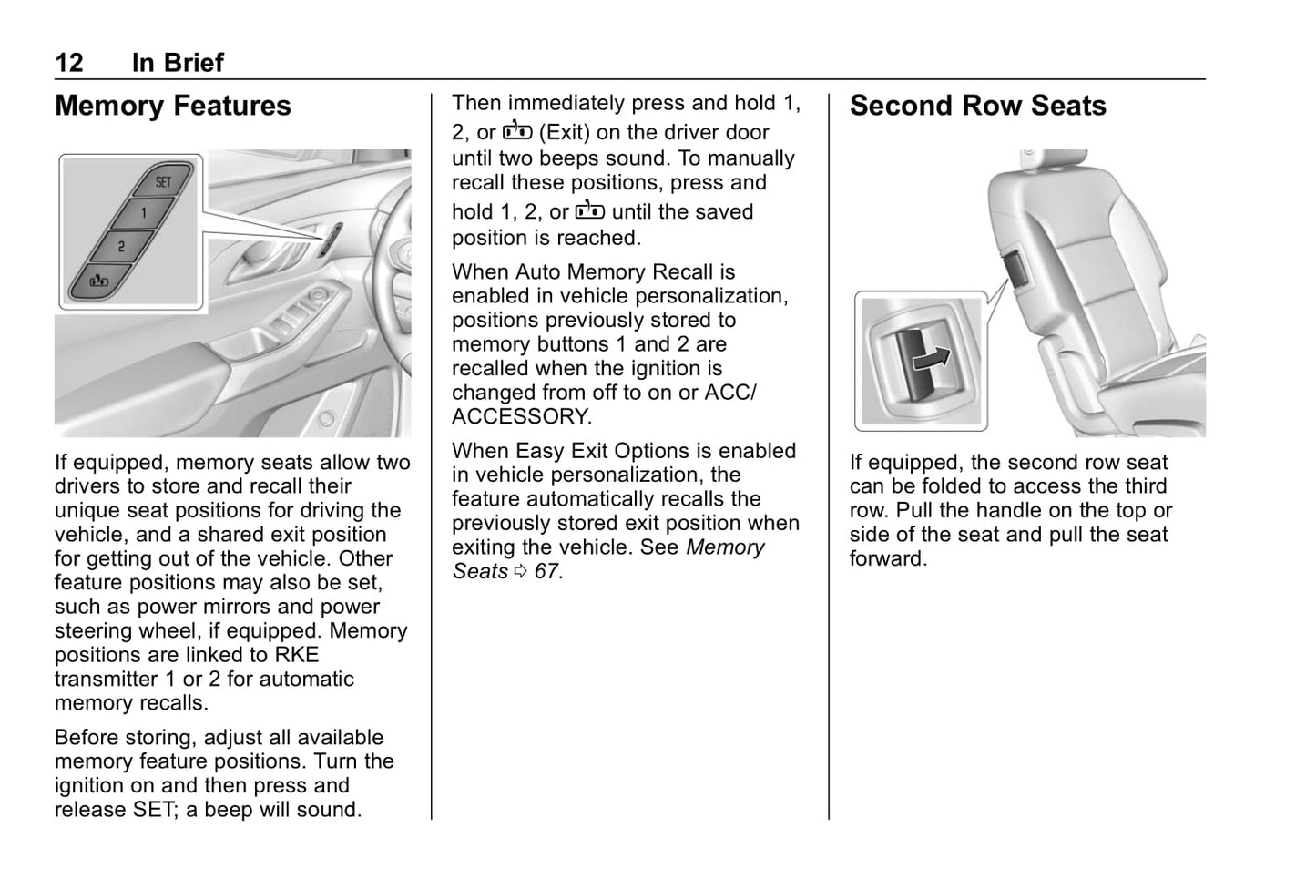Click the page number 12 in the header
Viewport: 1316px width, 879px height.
(69, 63)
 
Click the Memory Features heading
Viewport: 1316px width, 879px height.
(173, 106)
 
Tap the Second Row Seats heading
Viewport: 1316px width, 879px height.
(977, 106)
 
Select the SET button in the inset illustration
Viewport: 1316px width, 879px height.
(163, 181)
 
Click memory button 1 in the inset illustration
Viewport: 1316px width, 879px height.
(143, 213)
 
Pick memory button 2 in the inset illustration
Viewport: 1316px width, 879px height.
(121, 246)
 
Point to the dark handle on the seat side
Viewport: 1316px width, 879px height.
(1014, 271)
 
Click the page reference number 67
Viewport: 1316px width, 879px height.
(546, 572)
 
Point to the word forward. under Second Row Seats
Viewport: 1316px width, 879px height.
(888, 558)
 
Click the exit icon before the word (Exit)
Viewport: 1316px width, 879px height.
(516, 131)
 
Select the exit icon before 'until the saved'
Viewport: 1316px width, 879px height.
(589, 210)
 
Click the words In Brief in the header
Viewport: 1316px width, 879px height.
(178, 63)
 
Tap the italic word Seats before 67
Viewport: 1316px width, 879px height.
(480, 572)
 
